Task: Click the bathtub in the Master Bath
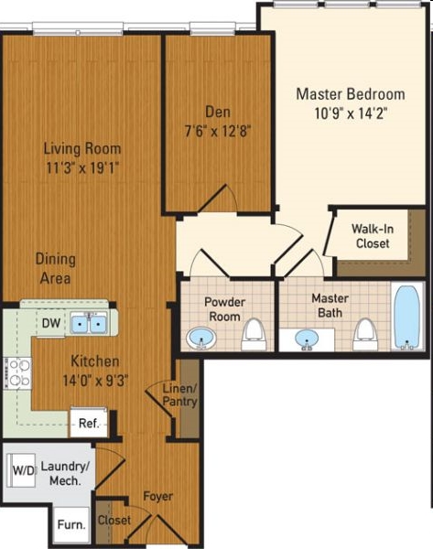pyautogui.click(x=407, y=318)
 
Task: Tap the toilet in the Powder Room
pyautogui.click(x=254, y=334)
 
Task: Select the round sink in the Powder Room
pyautogui.click(x=201, y=338)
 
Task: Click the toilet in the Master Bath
pyautogui.click(x=365, y=334)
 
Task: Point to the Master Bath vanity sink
pyautogui.click(x=307, y=339)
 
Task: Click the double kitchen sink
pyautogui.click(x=89, y=324)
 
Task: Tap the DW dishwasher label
pyautogui.click(x=51, y=323)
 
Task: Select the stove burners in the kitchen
pyautogui.click(x=18, y=373)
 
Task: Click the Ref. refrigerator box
pyautogui.click(x=89, y=422)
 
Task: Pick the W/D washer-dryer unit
pyautogui.click(x=22, y=470)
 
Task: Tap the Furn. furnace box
pyautogui.click(x=71, y=524)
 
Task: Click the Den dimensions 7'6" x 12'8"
pyautogui.click(x=218, y=131)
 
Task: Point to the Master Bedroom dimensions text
pyautogui.click(x=351, y=113)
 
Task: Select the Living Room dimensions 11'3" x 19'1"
pyautogui.click(x=82, y=167)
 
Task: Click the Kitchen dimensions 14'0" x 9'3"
pyautogui.click(x=95, y=380)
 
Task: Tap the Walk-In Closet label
pyautogui.click(x=373, y=236)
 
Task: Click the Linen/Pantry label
pyautogui.click(x=180, y=394)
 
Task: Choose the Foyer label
pyautogui.click(x=158, y=497)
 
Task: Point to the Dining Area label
pyautogui.click(x=55, y=268)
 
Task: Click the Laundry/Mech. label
pyautogui.click(x=66, y=473)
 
